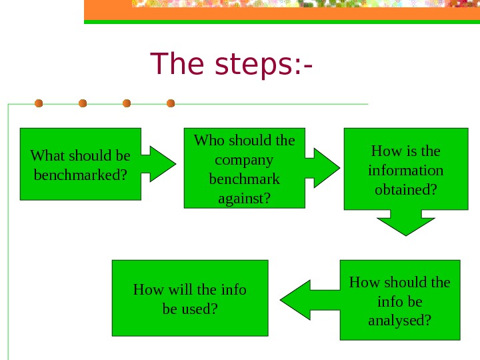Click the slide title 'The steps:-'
233,64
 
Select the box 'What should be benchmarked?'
81,164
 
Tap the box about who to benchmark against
244,168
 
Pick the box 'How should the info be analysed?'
399,300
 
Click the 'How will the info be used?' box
190,298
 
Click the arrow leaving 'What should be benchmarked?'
159,163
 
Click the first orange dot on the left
39,103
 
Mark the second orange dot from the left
83,103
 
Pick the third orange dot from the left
127,103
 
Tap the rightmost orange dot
171,103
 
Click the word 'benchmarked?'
81,176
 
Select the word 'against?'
244,199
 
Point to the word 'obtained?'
406,190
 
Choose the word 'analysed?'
399,321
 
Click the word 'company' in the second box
244,160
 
